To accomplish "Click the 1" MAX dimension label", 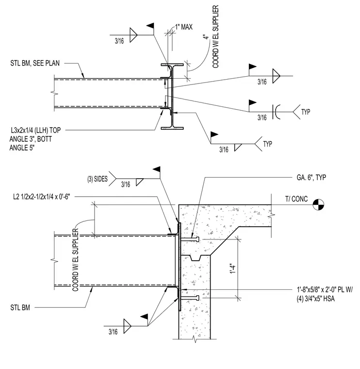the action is click(x=184, y=27).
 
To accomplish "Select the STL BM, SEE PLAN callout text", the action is click(x=35, y=63).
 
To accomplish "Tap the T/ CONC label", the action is click(x=296, y=199).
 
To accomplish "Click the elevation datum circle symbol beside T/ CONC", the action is click(x=318, y=204).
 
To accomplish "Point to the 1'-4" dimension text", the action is click(x=232, y=268).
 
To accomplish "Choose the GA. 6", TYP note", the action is click(x=311, y=177).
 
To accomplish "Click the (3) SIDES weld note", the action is click(x=98, y=179).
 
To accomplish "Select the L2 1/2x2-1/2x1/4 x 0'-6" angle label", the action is click(x=42, y=197).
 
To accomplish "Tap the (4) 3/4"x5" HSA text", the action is click(x=315, y=299).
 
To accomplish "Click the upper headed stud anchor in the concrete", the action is click(x=190, y=239).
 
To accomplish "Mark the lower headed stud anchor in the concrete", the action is click(x=190, y=298).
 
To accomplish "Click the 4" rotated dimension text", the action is click(x=206, y=37).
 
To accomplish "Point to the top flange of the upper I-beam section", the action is click(x=172, y=65).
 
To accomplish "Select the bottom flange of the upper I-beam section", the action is click(x=172, y=128).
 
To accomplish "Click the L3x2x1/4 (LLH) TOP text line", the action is click(x=36, y=130).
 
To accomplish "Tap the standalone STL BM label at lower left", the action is click(x=20, y=307).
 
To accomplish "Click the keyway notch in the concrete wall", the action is click(x=195, y=258).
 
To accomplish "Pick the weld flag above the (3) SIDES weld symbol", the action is click(x=157, y=169).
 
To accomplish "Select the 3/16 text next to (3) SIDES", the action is click(x=126, y=184).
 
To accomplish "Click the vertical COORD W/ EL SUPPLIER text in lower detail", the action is click(x=75, y=260).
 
